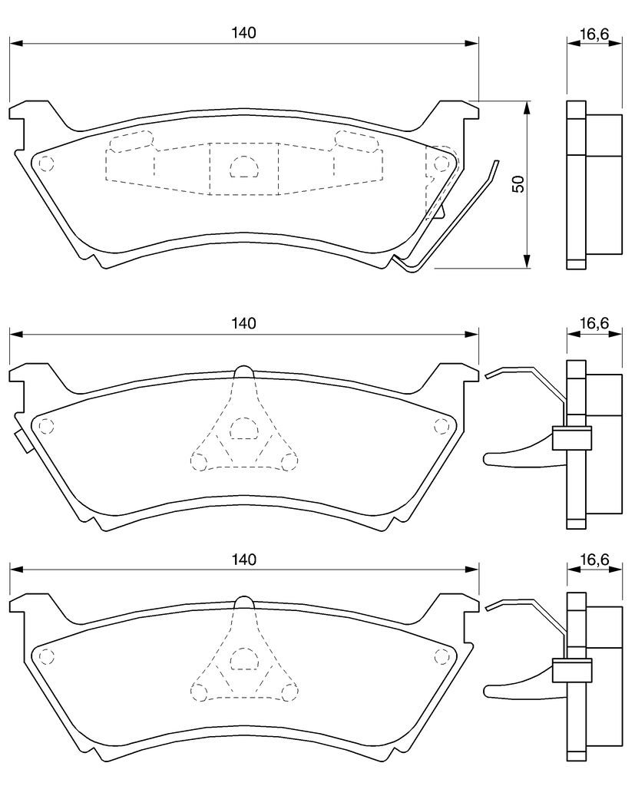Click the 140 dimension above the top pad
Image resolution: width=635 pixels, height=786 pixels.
click(243, 32)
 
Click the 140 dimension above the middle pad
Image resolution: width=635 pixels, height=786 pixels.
click(243, 323)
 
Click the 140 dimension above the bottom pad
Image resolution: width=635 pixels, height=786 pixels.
click(243, 559)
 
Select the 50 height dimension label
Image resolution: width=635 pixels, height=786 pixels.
click(518, 184)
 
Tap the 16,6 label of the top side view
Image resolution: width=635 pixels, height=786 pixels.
click(594, 34)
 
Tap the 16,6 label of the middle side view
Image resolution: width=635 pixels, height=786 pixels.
click(594, 323)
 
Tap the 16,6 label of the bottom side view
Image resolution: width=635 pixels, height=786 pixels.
click(594, 559)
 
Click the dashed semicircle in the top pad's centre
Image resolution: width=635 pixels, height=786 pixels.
click(243, 166)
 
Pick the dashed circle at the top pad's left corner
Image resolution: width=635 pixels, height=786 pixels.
click(46, 163)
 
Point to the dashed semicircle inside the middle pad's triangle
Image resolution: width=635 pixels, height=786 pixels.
click(243, 428)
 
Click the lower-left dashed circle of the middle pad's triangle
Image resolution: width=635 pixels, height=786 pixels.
click(199, 461)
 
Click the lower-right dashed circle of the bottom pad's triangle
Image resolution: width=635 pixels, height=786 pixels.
click(289, 692)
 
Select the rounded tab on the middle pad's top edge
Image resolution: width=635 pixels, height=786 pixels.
click(244, 371)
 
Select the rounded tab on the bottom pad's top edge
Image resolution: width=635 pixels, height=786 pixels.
click(244, 602)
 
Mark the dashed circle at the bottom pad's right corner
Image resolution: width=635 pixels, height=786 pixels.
click(442, 656)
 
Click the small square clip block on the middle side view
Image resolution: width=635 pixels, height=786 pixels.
click(571, 438)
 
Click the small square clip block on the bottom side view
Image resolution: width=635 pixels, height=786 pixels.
click(571, 670)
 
